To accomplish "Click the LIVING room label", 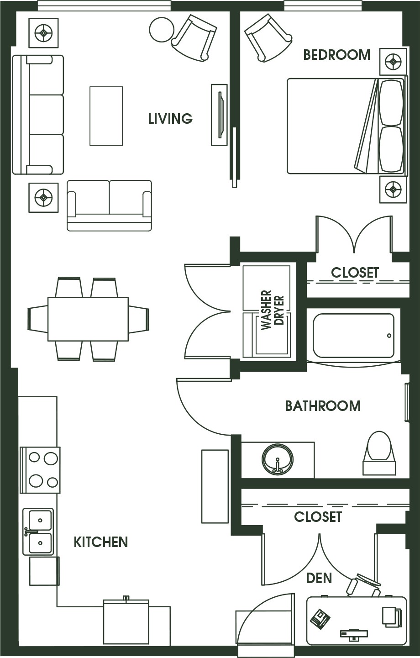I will click(x=170, y=119).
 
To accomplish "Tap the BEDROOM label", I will click(x=336, y=55).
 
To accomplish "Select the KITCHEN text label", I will click(x=101, y=542).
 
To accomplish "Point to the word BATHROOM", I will click(x=323, y=406).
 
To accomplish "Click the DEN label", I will click(x=319, y=578).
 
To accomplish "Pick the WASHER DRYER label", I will click(x=273, y=311).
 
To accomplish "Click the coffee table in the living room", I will click(x=106, y=116).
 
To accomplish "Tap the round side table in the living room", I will click(x=162, y=30).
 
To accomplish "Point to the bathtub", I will click(x=353, y=335).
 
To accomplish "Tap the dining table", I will click(x=88, y=319).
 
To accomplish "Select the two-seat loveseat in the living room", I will click(x=109, y=205).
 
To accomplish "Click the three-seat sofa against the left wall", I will click(x=38, y=115).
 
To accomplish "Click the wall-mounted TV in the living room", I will click(x=219, y=115).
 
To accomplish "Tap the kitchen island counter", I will click(x=215, y=486).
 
